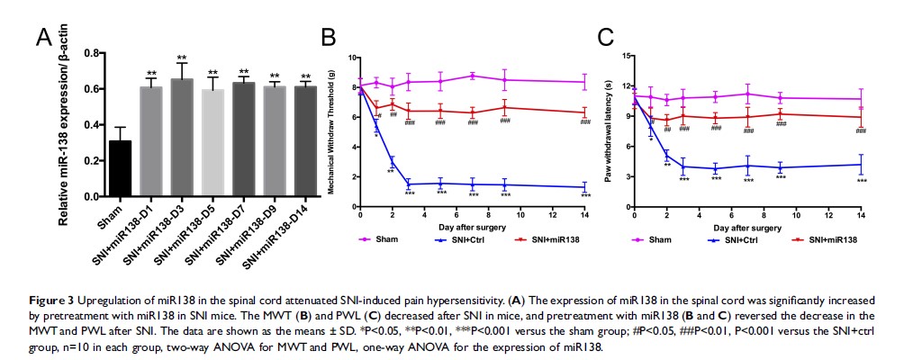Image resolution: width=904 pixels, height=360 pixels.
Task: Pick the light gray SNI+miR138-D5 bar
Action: (213, 143)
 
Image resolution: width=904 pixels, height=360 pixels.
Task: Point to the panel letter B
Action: (328, 37)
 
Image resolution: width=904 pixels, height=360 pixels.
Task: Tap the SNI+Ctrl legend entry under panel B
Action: (467, 239)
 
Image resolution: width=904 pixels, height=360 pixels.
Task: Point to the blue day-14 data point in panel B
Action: (585, 187)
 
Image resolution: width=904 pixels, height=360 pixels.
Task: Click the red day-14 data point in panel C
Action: (862, 117)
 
